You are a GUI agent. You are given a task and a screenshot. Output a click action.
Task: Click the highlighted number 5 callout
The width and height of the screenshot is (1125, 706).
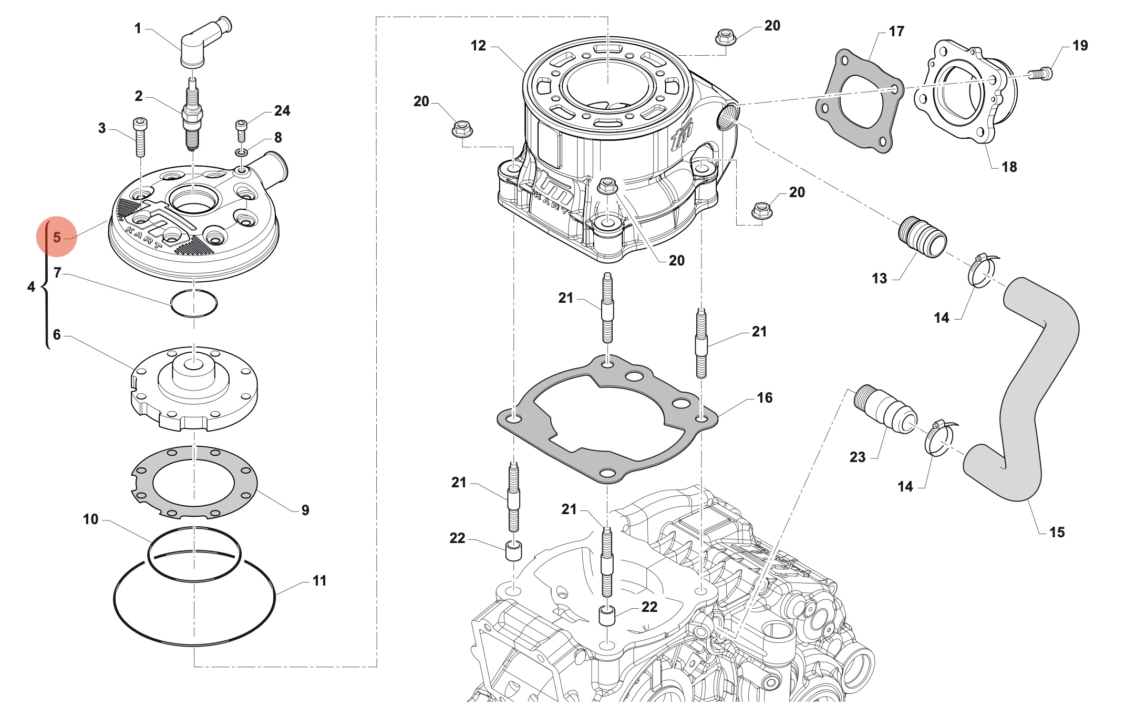pos(57,237)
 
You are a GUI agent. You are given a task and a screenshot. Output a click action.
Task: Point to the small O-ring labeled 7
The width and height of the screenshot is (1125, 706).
pos(194,303)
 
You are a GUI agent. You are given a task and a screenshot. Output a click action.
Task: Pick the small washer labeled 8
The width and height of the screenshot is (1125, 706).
pos(242,152)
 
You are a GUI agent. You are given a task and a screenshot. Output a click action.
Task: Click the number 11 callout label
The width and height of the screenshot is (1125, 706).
pos(319,580)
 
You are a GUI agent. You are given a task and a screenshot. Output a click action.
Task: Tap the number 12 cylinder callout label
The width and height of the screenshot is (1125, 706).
pos(478,46)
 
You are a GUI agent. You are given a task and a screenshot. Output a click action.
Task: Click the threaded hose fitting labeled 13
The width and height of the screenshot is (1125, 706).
pos(922,237)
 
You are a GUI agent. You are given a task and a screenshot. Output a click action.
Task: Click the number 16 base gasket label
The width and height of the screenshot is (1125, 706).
pos(765,397)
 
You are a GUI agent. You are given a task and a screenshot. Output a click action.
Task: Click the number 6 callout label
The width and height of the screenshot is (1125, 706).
pos(57,334)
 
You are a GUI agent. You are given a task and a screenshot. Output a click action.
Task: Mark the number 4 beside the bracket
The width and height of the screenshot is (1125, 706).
pos(31,287)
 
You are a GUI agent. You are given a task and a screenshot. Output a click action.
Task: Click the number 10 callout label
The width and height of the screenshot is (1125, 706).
pos(90,519)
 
